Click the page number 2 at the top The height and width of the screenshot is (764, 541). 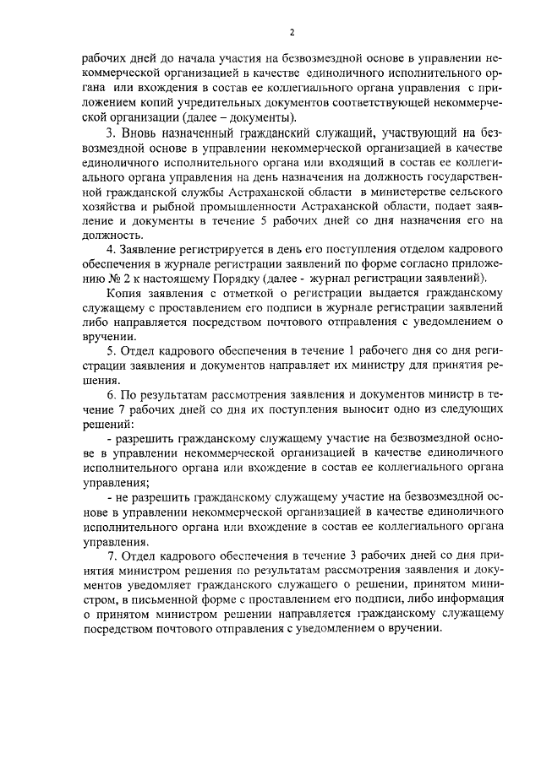(x=291, y=32)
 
